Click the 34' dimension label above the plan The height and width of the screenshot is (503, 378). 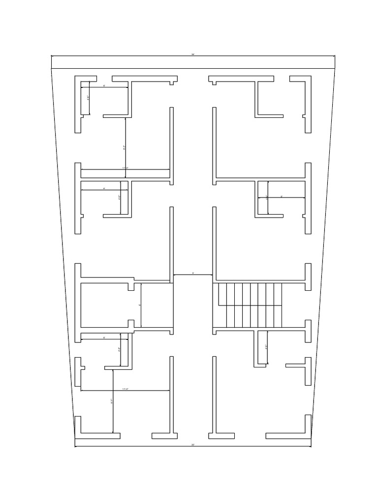pos(193,54)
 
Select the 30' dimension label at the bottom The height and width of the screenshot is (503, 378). pos(193,445)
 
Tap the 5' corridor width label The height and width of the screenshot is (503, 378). pos(193,273)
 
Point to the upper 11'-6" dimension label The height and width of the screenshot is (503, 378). pos(125,168)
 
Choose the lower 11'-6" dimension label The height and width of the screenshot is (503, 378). pos(125,389)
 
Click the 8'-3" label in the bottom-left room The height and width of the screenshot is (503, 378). pos(112,401)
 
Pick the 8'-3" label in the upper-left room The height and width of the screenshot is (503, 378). pos(124,147)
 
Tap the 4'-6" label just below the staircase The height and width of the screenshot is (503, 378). pos(266,347)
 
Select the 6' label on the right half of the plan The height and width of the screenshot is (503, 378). pos(282,196)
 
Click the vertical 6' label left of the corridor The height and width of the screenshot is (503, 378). pos(140,305)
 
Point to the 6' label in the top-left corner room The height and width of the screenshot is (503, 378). pos(104,86)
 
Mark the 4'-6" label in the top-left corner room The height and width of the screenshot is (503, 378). pos(88,98)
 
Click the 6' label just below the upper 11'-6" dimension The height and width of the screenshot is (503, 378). pos(104,188)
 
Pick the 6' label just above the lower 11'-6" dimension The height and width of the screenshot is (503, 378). pos(104,337)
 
